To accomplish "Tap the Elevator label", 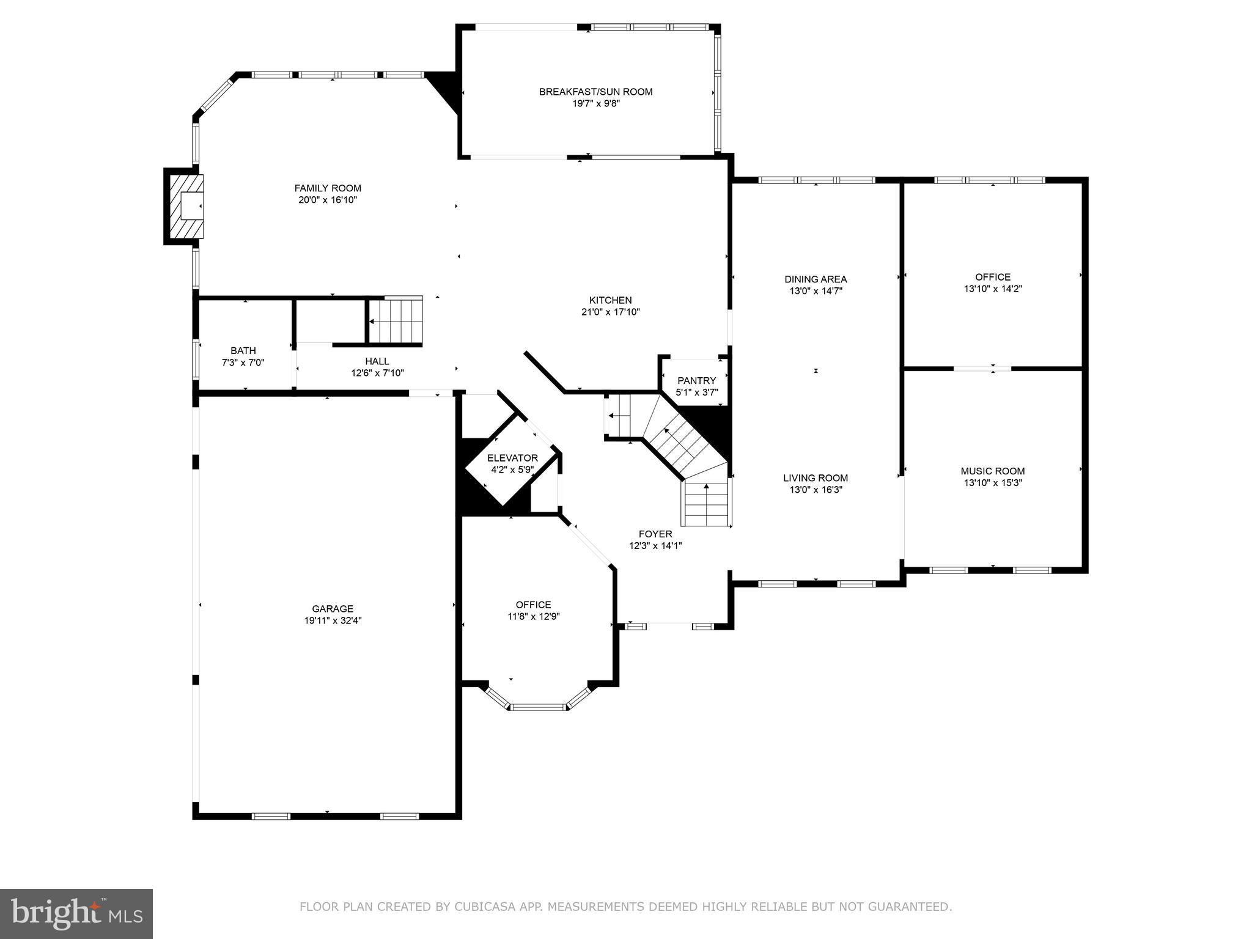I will tap(512, 458).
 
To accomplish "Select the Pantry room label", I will tap(696, 381).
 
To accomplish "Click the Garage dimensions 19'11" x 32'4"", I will tap(333, 620).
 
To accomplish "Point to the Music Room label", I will tap(992, 471).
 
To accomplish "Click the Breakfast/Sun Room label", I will tap(595, 92).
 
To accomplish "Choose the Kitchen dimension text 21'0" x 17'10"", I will tap(610, 312).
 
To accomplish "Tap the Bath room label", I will tap(243, 350).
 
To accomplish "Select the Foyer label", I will tap(655, 534).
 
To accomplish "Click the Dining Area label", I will tap(816, 279).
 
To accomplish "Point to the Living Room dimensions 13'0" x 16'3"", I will tap(816, 490).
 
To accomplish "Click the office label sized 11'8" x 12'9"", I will tap(533, 605).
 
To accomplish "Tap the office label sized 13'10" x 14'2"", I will tap(993, 277).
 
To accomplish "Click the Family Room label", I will tap(328, 188).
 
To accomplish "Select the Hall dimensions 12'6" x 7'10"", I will tap(377, 373).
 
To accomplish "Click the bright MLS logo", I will tap(76, 913).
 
